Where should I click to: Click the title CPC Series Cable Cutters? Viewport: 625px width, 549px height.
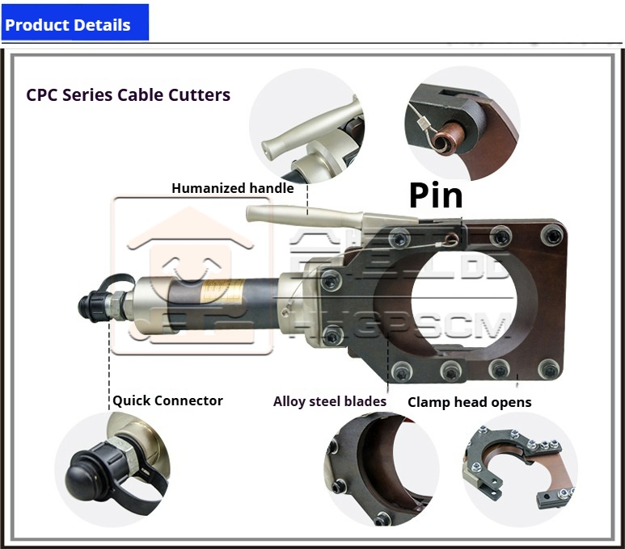tap(128, 94)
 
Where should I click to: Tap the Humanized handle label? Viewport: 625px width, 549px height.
tap(231, 188)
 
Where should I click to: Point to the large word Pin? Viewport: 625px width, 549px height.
tap(436, 196)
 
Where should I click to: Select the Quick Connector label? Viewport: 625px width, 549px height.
tap(167, 400)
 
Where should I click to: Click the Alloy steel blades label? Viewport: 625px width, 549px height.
tap(329, 401)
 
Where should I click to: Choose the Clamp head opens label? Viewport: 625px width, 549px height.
tap(469, 402)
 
